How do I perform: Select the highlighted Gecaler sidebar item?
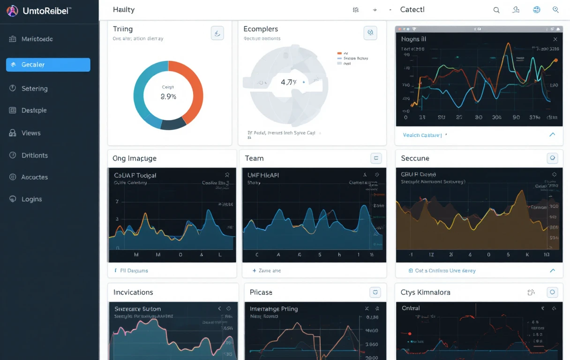(x=48, y=65)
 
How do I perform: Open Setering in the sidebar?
(x=34, y=89)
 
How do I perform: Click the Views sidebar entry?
(x=31, y=133)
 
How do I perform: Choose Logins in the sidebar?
(x=31, y=199)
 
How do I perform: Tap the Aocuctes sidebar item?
(x=34, y=177)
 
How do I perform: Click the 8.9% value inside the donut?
(x=168, y=97)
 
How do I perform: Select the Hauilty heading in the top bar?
(x=124, y=9)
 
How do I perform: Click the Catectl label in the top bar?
(x=412, y=9)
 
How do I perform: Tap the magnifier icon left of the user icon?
(x=496, y=10)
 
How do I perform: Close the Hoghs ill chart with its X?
(x=555, y=39)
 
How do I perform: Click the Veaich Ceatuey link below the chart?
(x=422, y=135)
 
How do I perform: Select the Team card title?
(x=254, y=158)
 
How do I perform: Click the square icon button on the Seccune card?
(x=552, y=158)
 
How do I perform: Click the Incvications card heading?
(x=133, y=292)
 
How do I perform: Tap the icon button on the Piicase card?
(x=375, y=292)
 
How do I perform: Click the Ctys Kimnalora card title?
(x=425, y=292)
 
